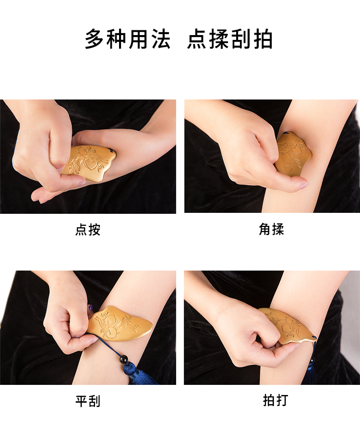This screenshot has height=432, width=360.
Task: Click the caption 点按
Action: pos(88,230)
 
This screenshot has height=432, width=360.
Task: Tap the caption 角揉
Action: pos(271,229)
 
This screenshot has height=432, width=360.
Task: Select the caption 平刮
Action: pos(88,401)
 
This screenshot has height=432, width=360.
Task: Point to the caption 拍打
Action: pos(276,400)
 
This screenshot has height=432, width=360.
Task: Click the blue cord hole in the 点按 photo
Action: pos(111,151)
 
